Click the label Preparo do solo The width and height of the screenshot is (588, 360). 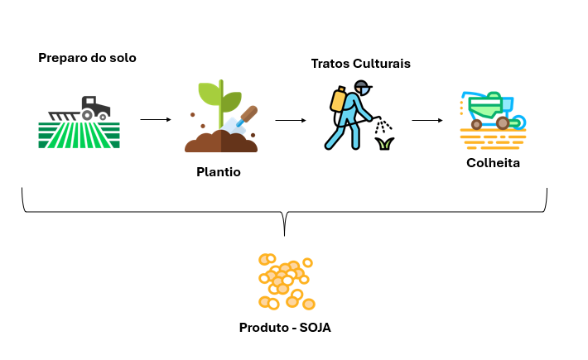pos(87,58)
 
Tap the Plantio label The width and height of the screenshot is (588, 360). pos(219,172)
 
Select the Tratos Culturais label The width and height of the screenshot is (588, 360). pos(360,64)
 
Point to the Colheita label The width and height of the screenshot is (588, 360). pos(493,163)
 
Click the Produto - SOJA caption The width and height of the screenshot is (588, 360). pos(285,327)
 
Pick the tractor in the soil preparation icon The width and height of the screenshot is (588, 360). pos(93,108)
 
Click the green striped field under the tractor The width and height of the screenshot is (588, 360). pos(79,135)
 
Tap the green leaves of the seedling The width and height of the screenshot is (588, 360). pos(219,95)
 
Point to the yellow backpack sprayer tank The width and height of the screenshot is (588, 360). pos(338,99)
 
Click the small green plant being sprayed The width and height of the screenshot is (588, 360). pos(383,144)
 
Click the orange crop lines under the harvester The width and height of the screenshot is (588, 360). pos(493,137)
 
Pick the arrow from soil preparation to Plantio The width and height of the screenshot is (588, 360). pos(155,120)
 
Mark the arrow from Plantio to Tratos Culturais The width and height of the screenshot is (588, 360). pos(290,120)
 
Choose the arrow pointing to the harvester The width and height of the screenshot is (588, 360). pos(427,120)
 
